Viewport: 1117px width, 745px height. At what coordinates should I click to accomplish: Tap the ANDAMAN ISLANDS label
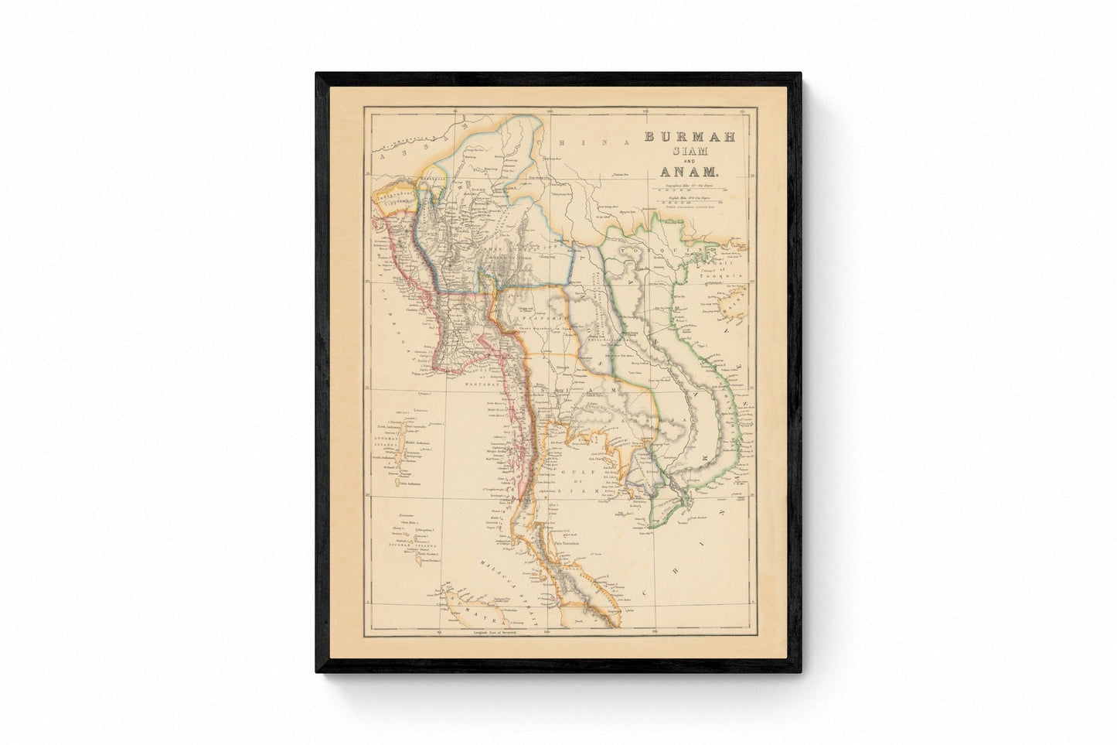point(387,446)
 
